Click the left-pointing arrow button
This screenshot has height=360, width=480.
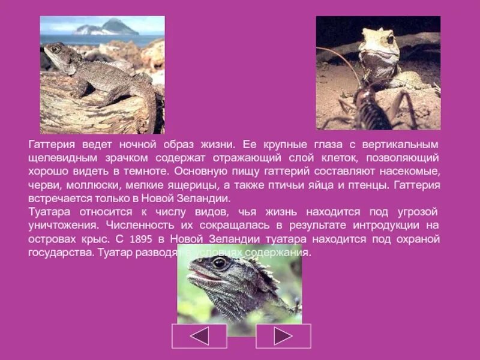199,336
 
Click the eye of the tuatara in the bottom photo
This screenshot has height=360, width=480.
220,263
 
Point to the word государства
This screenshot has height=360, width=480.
59,253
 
